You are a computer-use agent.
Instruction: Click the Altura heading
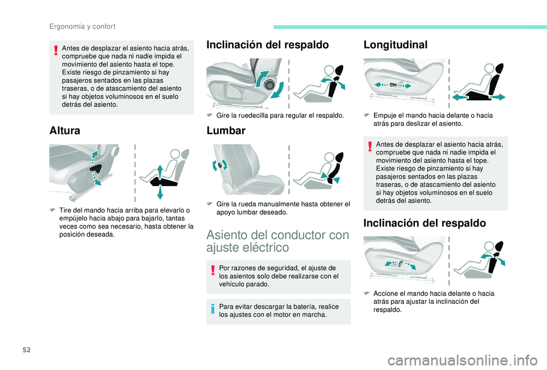(65, 131)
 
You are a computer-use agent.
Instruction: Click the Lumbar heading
(226, 131)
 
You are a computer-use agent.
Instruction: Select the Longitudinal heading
(395, 44)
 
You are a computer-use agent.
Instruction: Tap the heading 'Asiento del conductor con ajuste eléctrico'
(277, 241)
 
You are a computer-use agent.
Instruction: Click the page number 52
(27, 349)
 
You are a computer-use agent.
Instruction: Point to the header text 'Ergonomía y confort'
(82, 27)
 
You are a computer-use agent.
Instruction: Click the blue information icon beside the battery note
(213, 309)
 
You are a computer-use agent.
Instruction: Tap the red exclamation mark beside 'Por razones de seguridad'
(213, 271)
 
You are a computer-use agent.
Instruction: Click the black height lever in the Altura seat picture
(96, 169)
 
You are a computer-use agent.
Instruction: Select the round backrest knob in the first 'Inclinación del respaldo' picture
(270, 85)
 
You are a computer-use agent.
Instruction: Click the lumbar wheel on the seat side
(220, 165)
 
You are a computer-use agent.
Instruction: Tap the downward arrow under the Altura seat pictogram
(160, 192)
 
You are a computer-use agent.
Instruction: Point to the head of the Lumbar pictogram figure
(329, 157)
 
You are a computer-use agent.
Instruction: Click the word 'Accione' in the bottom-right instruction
(385, 294)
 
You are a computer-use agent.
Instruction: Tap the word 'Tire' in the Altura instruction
(65, 210)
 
